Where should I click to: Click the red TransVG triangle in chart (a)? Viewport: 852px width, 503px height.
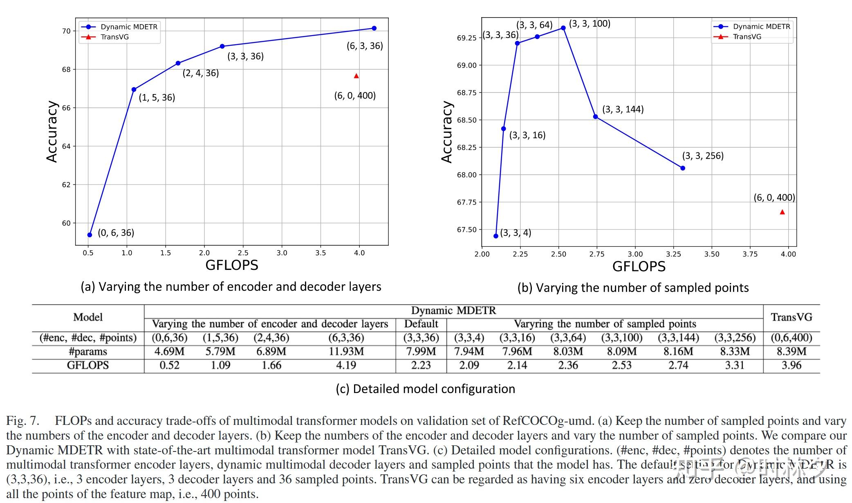click(x=356, y=76)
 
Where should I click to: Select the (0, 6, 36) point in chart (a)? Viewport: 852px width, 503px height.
click(x=90, y=235)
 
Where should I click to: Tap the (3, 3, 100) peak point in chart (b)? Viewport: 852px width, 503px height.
click(x=563, y=28)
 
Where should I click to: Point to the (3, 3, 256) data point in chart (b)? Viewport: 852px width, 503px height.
click(x=682, y=168)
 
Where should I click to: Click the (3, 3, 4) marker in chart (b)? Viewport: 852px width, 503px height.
click(x=496, y=236)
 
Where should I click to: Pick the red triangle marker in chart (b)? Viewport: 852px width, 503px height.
click(x=782, y=212)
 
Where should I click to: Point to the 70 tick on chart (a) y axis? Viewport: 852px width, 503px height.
click(x=66, y=31)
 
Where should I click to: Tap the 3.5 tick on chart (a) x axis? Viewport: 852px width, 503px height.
click(x=321, y=253)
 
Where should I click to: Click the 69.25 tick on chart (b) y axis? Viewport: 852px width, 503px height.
click(x=466, y=38)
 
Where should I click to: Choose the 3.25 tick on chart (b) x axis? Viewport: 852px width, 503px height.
click(x=673, y=254)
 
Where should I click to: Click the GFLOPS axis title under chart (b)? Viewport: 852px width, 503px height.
click(x=639, y=267)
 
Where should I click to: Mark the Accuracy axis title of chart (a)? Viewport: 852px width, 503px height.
click(x=52, y=132)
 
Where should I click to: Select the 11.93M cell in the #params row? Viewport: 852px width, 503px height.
click(x=346, y=351)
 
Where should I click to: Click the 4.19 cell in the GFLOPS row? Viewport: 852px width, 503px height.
click(x=346, y=365)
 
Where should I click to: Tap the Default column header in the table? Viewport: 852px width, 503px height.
click(x=421, y=324)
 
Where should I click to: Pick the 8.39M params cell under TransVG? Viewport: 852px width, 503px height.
click(x=791, y=351)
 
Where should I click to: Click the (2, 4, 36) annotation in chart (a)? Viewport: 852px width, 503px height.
click(x=200, y=73)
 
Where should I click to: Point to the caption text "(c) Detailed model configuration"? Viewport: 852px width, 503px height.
click(x=425, y=388)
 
